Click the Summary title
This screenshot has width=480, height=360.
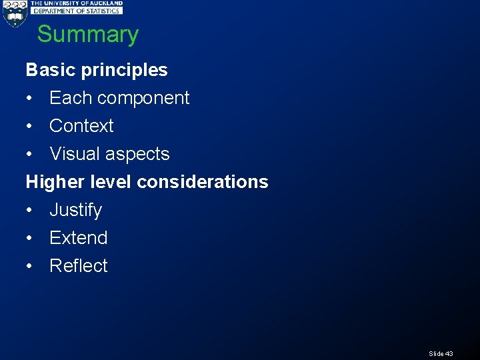(87, 34)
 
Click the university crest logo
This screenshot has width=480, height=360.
(14, 13)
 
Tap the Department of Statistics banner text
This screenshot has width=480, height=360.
(77, 11)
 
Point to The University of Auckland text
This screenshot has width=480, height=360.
(77, 3)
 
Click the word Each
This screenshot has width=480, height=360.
(70, 98)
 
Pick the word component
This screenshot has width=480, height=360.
(143, 99)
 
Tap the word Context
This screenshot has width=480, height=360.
(81, 126)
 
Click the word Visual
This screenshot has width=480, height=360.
(75, 154)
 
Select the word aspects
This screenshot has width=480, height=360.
(138, 155)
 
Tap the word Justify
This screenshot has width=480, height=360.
(75, 211)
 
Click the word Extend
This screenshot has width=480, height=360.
(78, 238)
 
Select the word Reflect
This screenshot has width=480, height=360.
(78, 266)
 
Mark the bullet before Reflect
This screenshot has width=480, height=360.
(29, 267)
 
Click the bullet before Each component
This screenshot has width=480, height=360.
(29, 99)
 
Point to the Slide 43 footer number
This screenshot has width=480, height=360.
(441, 353)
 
